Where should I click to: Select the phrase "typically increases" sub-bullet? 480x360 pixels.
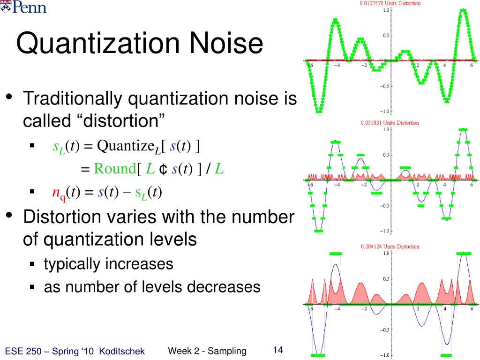(109, 264)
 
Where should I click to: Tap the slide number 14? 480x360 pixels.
(277, 350)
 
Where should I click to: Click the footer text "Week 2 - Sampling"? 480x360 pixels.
(207, 351)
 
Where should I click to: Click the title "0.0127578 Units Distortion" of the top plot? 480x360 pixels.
(390, 3)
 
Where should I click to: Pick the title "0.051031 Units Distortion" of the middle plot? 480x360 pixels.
(390, 123)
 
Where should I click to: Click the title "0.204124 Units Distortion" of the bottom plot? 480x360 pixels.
(390, 247)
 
